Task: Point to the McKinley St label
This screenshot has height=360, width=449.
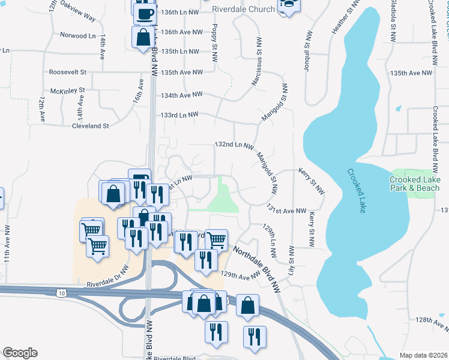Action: [68, 91]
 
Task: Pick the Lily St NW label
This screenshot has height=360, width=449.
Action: [292, 260]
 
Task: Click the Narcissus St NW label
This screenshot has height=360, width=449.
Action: [259, 64]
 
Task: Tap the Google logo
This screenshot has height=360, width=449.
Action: [20, 353]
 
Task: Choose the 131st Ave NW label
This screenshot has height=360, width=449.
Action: [287, 211]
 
